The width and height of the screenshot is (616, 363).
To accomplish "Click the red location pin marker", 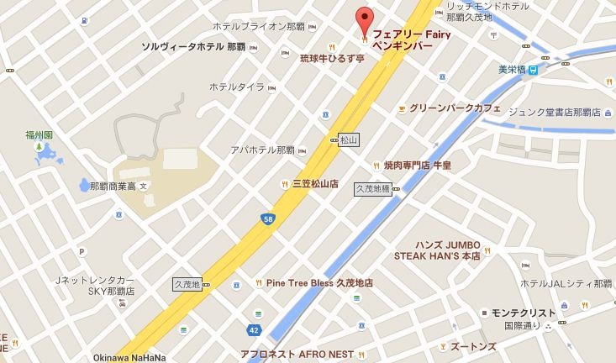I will [x=363, y=19].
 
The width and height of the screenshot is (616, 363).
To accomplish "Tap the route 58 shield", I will [x=268, y=219].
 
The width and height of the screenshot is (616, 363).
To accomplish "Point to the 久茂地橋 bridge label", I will [x=372, y=190].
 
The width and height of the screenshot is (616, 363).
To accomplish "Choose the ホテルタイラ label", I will [x=237, y=87].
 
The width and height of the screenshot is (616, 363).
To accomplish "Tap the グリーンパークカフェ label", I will [x=455, y=108].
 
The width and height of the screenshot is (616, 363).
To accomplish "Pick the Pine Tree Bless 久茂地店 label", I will [x=319, y=283].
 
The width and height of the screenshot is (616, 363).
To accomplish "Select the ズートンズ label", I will [x=471, y=346].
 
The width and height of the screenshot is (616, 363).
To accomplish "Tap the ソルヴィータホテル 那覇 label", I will [x=193, y=45].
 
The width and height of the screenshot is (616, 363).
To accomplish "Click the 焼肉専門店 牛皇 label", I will [x=418, y=166].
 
